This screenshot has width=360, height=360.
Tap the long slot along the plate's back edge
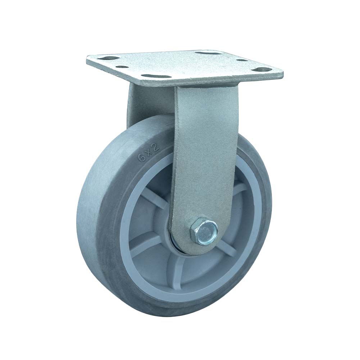coord(206,53)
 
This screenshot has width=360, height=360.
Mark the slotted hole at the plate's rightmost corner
coord(265,69)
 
